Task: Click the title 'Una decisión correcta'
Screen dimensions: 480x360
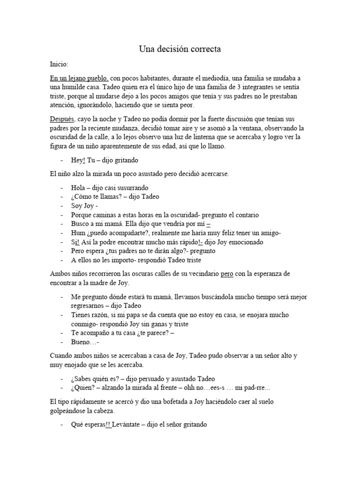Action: (180, 48)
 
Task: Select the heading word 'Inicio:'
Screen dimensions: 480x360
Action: (59, 63)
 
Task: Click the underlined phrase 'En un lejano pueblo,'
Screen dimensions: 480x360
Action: (80, 78)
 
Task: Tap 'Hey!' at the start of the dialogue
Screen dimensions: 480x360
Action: (79, 160)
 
